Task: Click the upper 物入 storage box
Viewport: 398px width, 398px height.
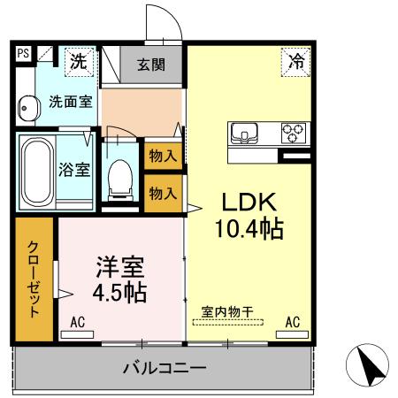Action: pyautogui.click(x=163, y=156)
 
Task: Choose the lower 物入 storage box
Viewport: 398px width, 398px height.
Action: pyautogui.click(x=163, y=193)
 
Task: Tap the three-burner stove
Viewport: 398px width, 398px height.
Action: pyautogui.click(x=292, y=134)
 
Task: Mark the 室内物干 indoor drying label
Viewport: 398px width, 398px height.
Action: pyautogui.click(x=227, y=310)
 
